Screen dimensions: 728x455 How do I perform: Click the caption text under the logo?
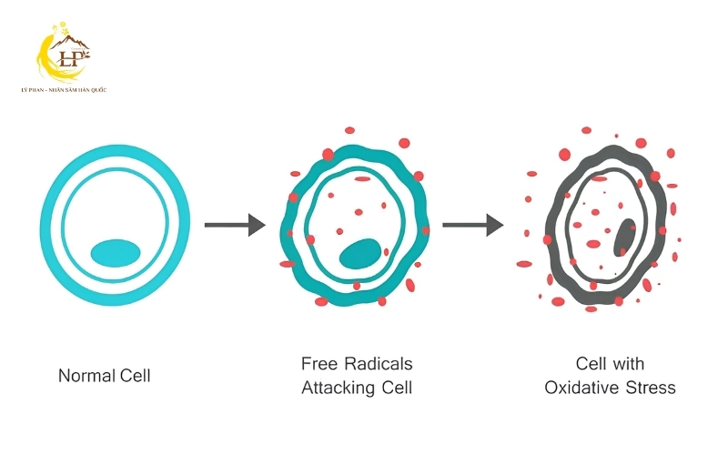[64, 89]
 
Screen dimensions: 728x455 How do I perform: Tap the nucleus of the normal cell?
[116, 253]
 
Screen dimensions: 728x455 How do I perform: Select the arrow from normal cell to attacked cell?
[235, 225]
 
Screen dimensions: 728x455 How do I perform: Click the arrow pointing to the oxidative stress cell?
[472, 225]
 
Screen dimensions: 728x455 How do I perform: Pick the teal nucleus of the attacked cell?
[360, 254]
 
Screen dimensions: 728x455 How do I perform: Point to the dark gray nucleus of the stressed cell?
[624, 238]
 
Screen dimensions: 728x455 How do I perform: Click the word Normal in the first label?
[86, 376]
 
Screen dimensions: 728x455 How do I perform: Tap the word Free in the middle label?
[319, 363]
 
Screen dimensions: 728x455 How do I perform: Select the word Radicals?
[379, 363]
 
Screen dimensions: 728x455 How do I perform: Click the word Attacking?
[339, 388]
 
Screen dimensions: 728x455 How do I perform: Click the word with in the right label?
[627, 363]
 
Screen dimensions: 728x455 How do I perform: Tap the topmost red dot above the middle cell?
[349, 130]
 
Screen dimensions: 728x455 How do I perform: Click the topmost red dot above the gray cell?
[586, 130]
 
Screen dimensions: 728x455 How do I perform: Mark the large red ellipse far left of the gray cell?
[524, 264]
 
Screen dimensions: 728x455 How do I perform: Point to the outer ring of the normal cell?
[116, 148]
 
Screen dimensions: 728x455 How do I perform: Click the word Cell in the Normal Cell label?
[135, 376]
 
